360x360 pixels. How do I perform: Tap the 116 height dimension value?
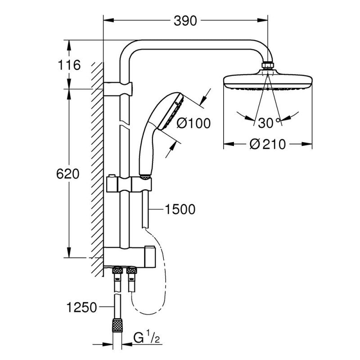point(69,65)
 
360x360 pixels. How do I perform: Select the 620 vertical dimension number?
point(69,173)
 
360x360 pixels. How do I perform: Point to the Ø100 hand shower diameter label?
point(193,122)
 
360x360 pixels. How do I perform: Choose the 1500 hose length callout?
point(180,209)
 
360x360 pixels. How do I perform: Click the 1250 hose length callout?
point(81,308)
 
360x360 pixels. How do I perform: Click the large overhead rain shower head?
point(268,83)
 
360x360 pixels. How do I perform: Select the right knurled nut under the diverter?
point(131,271)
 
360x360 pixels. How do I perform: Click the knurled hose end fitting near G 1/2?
point(118,324)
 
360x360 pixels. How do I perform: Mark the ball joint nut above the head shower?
point(268,66)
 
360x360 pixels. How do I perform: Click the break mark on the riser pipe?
point(121,122)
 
